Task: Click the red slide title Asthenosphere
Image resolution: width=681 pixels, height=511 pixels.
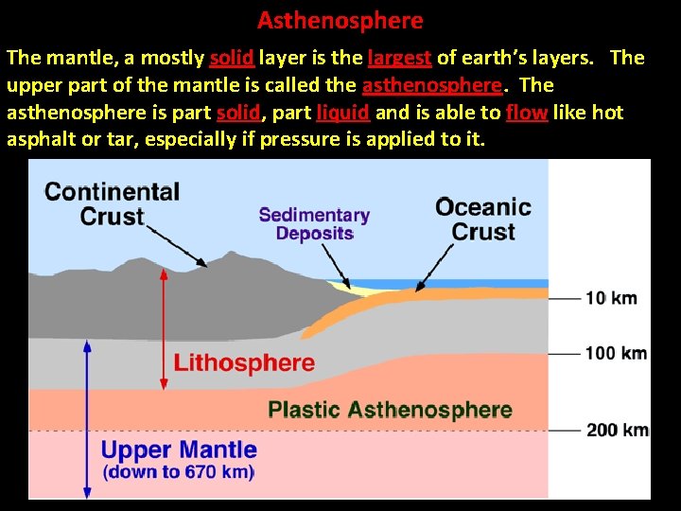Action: [340, 20]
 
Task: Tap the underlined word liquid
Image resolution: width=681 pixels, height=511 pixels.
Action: [342, 113]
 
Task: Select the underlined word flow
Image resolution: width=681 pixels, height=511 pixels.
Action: [526, 113]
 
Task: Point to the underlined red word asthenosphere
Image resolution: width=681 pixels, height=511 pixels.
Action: [431, 85]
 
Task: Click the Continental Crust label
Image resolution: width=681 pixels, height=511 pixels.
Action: [112, 203]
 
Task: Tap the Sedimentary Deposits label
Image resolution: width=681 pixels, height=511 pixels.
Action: [314, 224]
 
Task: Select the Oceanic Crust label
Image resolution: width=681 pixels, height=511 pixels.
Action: [482, 220]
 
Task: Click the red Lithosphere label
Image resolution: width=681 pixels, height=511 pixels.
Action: [244, 362]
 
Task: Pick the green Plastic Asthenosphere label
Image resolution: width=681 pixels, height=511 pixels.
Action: [390, 410]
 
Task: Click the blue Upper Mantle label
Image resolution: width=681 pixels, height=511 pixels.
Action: [179, 450]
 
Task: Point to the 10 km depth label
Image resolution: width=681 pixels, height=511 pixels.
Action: [611, 298]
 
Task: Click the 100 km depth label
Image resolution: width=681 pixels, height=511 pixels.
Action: [616, 354]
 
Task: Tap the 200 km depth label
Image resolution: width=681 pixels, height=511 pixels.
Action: [617, 431]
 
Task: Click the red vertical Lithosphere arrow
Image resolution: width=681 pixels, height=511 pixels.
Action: [165, 326]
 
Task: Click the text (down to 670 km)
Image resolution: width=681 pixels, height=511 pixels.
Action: [178, 472]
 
